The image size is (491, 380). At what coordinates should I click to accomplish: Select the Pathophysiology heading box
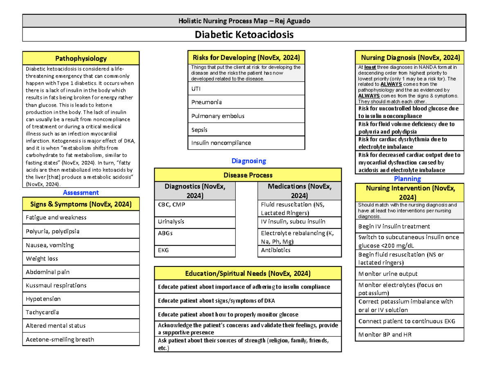81,59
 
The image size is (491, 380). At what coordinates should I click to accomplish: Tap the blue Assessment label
81,192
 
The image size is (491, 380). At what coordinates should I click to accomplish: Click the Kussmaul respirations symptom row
81,285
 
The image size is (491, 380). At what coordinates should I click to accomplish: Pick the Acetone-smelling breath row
81,339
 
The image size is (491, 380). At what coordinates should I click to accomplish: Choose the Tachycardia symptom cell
81,312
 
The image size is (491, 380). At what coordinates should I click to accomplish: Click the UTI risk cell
246,89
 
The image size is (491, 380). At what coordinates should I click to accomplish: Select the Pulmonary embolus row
246,116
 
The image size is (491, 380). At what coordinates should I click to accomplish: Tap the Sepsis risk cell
246,130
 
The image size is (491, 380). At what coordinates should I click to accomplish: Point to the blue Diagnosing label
249,161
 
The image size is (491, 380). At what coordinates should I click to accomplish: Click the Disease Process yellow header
248,175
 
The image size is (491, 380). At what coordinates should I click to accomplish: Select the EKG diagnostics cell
195,250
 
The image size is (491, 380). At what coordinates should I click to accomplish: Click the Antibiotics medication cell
300,250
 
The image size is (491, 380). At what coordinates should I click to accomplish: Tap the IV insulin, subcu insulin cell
300,222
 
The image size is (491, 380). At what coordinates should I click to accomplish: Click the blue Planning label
407,179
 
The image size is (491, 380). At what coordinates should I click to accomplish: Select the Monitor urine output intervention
409,274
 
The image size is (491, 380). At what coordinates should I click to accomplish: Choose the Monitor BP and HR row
409,334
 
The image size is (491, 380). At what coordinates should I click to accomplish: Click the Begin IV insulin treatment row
409,226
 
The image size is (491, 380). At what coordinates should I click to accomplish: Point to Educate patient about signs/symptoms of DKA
248,301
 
